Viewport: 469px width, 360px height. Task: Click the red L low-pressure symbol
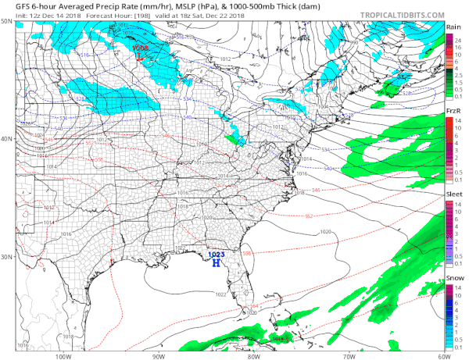pyautogui.click(x=138, y=55)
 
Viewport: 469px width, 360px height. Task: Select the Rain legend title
pyautogui.click(x=453, y=27)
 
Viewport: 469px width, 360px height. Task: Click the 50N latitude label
pyautogui.click(x=7, y=22)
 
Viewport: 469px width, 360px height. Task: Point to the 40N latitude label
pyautogui.click(x=7, y=139)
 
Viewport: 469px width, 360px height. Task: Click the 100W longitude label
pyautogui.click(x=63, y=355)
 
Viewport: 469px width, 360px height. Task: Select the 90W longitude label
pyautogui.click(x=158, y=355)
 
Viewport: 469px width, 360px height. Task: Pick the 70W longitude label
pyautogui.click(x=348, y=355)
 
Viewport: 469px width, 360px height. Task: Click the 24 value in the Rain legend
pyautogui.click(x=460, y=39)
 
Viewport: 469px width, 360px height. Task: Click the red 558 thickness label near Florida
pyautogui.click(x=248, y=253)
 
